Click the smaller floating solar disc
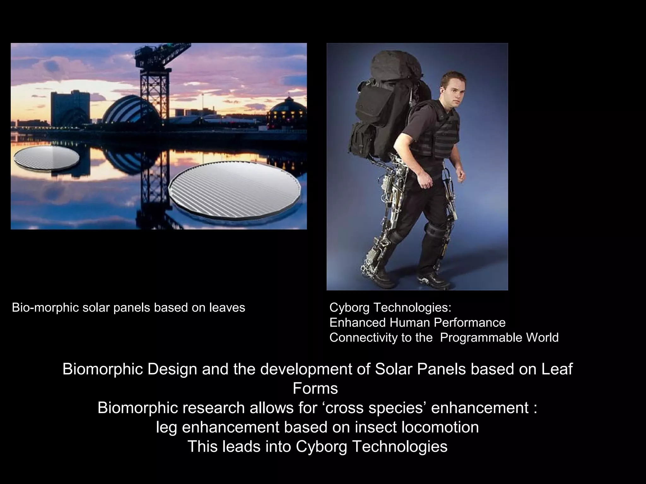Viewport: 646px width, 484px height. tap(46, 158)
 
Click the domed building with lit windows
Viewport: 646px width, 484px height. tap(287, 112)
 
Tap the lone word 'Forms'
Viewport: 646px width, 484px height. tap(315, 389)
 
